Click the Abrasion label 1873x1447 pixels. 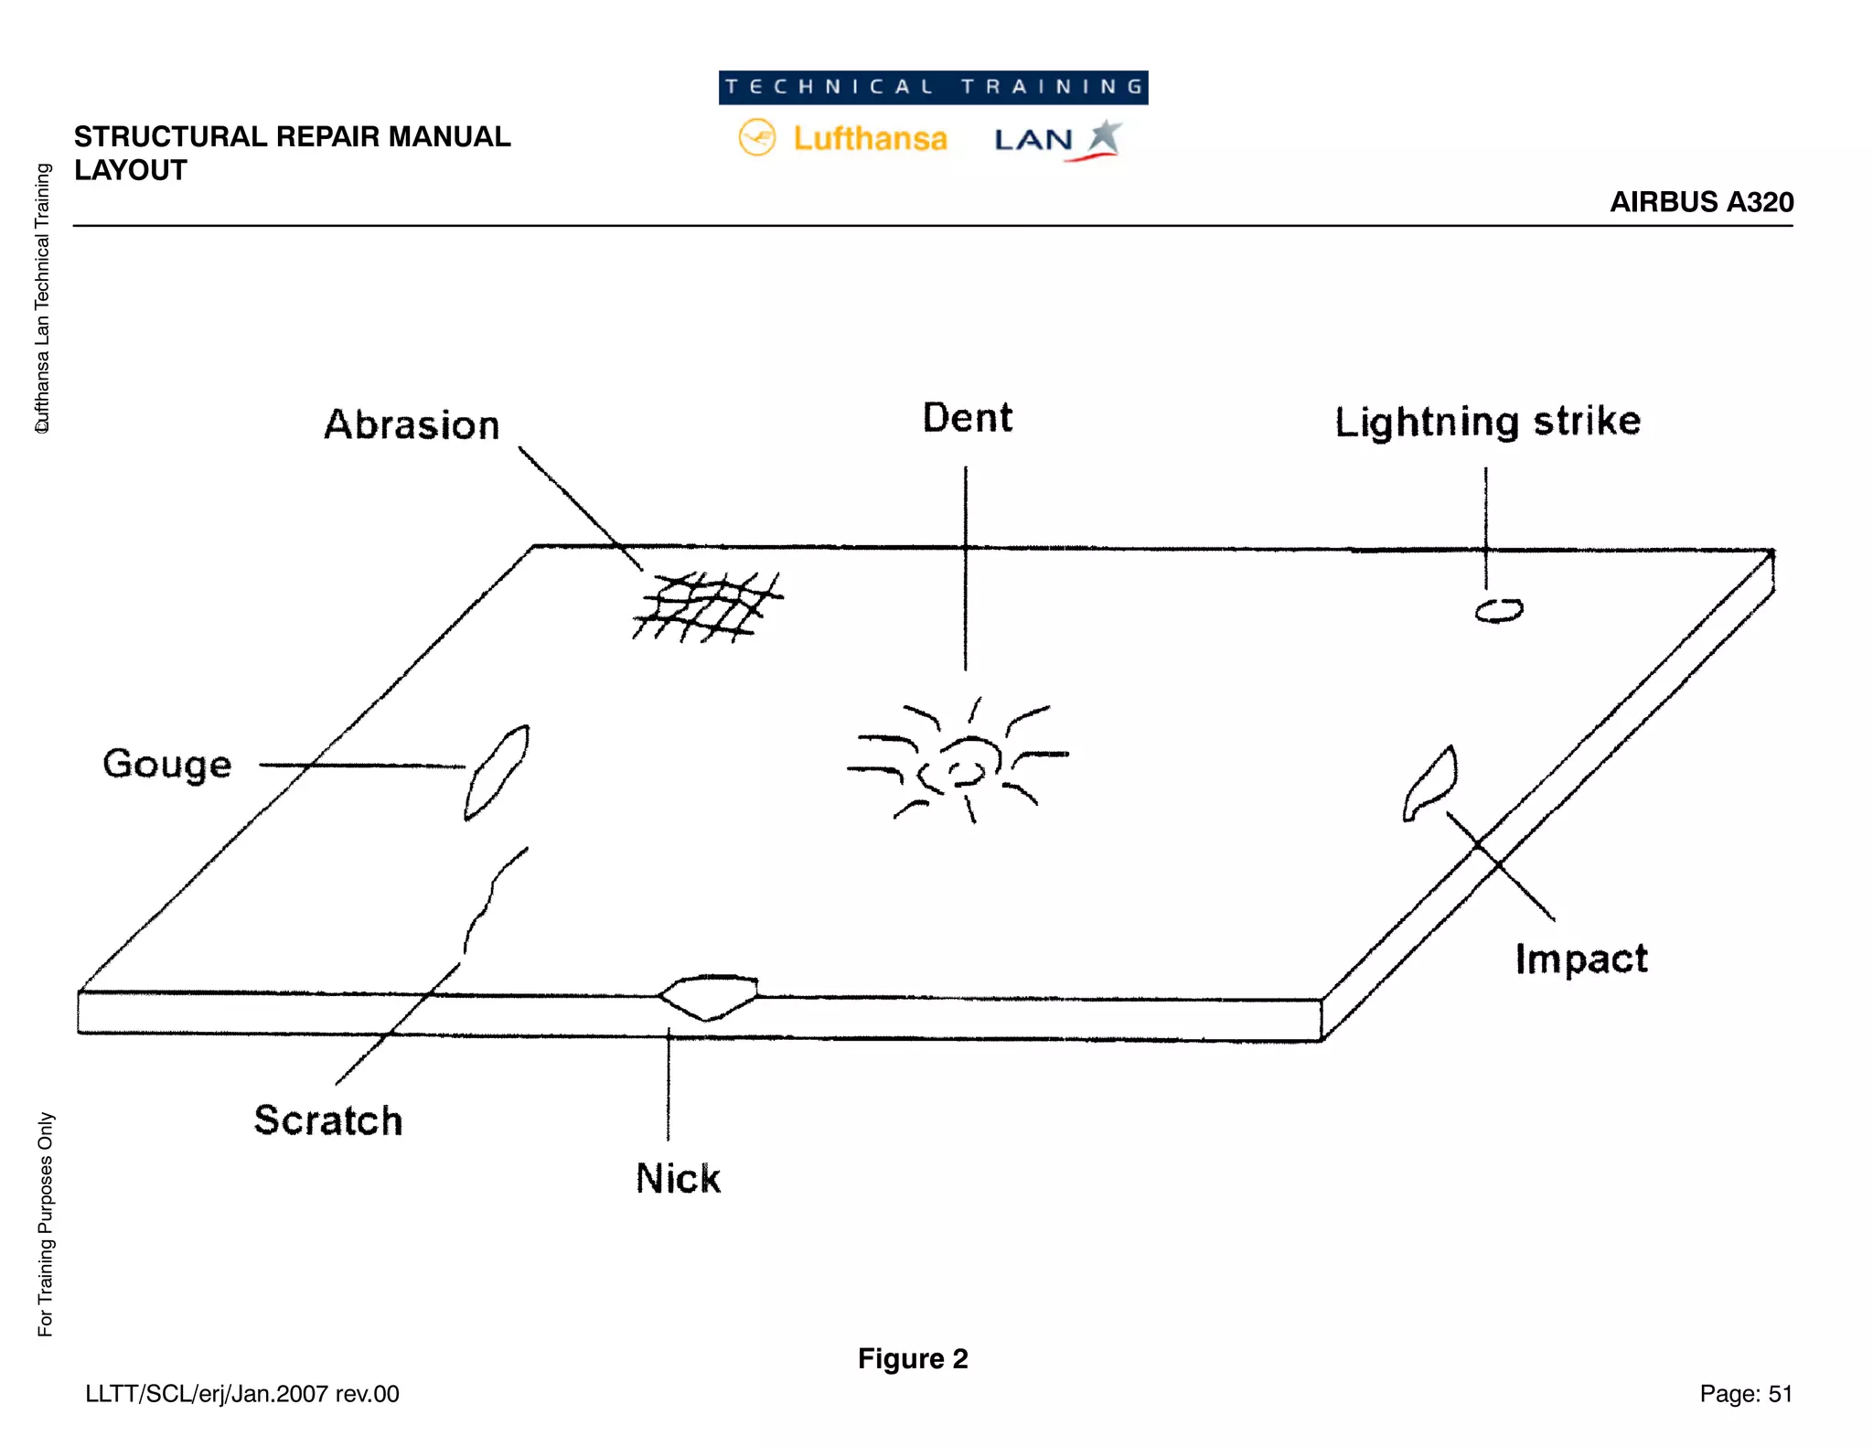click(412, 425)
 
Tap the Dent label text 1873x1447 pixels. click(967, 418)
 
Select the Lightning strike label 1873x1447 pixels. click(1487, 422)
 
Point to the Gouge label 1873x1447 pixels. click(167, 764)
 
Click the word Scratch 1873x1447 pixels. click(328, 1120)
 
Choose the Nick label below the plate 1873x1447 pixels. click(678, 1178)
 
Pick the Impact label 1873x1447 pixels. click(1581, 959)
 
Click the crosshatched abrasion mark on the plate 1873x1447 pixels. click(708, 606)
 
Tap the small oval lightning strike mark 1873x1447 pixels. click(1499, 610)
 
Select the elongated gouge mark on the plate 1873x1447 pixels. click(497, 772)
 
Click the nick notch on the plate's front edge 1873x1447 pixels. click(709, 995)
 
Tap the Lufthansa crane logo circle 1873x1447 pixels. click(757, 138)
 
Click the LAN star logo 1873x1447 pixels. click(1105, 137)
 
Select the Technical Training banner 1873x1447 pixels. click(933, 88)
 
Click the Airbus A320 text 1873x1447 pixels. click(1701, 202)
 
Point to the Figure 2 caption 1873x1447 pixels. click(913, 1359)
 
